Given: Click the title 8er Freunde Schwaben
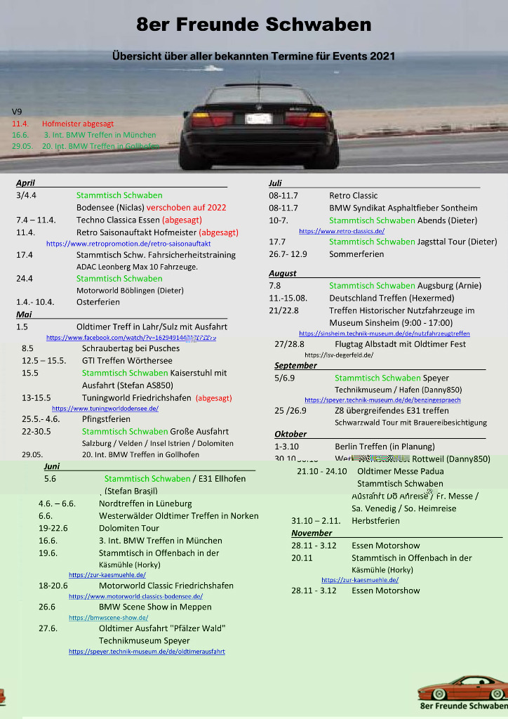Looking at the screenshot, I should pos(254,25).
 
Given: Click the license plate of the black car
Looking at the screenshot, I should pos(258,119).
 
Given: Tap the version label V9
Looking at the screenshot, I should pos(17,112).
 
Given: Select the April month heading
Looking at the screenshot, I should pos(25,183).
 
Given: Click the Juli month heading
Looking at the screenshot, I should pos(275,183).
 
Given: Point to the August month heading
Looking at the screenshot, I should pos(283,273).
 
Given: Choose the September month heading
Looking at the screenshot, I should pos(295,365).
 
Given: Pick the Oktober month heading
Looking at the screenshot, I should pos(290,434).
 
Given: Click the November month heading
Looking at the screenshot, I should pos(312,533).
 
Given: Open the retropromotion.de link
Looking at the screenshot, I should pos(128,244).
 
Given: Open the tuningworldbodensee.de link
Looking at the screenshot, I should pos(105,408).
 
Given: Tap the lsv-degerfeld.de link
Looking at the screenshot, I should pos(339,355).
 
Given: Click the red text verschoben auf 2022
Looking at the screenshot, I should pos(187,208).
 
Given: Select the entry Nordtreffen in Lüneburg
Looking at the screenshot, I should pos(145,503).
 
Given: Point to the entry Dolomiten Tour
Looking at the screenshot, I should pos(129,528).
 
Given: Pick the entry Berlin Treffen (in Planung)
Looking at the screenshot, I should pos(385,447).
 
